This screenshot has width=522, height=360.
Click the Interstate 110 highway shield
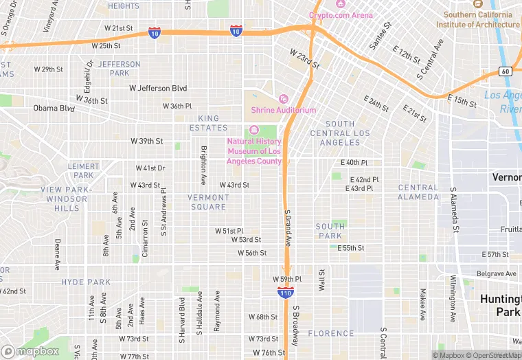point(286,293)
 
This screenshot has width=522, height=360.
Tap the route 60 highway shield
point(505,71)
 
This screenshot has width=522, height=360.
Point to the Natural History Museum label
point(254,151)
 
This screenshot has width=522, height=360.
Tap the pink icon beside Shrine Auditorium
point(282,99)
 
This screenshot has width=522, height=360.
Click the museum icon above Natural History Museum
point(254,131)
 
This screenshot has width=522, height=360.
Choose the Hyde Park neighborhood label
point(86,282)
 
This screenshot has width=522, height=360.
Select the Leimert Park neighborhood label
point(84,170)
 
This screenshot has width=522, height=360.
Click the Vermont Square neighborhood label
point(207,202)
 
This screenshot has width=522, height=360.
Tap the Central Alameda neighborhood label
point(418,192)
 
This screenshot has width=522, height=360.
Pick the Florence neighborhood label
point(331,334)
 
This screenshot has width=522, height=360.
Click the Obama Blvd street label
point(54,108)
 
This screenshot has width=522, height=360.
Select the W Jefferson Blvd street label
point(158,88)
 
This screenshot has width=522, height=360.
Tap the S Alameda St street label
point(453,210)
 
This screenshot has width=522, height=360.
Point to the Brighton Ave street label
point(203,165)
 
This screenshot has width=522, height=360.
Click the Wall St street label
point(321,280)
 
